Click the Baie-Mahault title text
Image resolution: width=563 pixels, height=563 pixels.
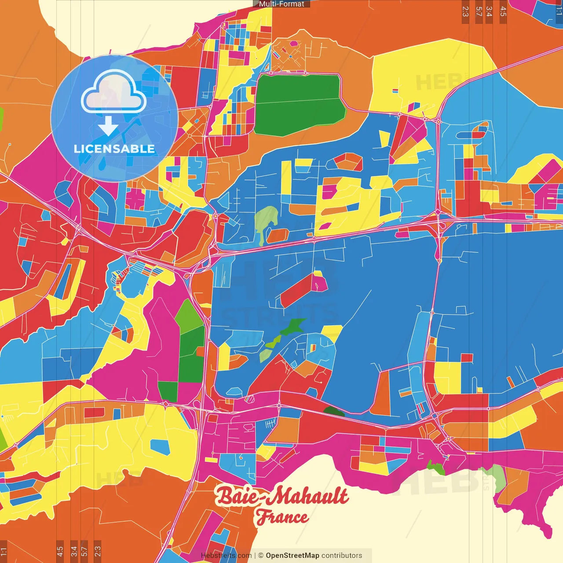281,496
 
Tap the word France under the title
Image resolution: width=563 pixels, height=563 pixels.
282,517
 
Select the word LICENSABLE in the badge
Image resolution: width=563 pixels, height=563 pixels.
114,149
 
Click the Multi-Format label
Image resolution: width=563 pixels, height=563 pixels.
281,4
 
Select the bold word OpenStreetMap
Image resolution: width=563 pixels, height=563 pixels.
292,556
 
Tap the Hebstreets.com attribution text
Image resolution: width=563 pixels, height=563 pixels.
226,556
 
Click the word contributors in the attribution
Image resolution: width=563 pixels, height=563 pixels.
342,556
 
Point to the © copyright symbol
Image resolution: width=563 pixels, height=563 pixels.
261,556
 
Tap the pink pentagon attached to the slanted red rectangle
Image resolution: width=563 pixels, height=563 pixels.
319,283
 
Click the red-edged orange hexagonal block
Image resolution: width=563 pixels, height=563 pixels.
347,161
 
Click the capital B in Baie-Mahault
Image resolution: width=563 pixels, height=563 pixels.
225,496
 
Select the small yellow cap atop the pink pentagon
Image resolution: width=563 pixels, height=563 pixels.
318,274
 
